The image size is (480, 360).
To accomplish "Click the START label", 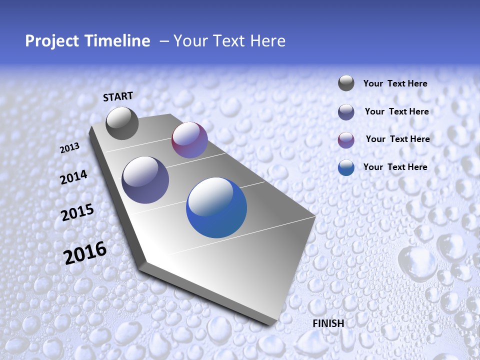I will pos(118,96).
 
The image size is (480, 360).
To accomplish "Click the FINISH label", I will pos(328,323).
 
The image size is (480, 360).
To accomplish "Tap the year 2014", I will pos(73,177).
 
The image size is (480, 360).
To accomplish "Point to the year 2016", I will pos(85,252).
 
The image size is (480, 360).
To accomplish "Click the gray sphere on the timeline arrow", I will pos(122,123).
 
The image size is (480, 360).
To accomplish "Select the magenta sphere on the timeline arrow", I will pos(189,140).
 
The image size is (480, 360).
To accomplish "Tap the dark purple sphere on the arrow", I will pos(145,180).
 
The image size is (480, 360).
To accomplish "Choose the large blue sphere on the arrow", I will pos(216,208).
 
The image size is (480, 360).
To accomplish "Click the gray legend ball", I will pos(346,83).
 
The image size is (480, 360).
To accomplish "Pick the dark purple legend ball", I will pos(346,112).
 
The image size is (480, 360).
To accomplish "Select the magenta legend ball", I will pos(346,139).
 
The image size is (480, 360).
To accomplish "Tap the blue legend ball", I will pos(346,167).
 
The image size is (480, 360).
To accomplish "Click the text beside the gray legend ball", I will pos(395,83).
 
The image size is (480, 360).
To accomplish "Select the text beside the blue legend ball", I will pos(395,167).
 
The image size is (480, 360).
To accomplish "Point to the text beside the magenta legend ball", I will pos(397,139).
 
